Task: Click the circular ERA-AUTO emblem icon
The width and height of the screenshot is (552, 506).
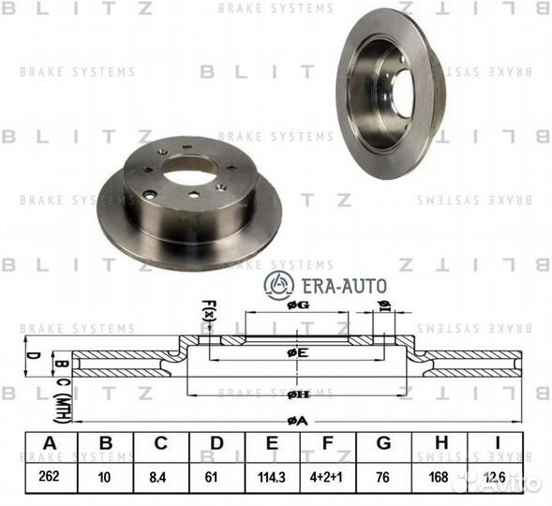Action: pyautogui.click(x=278, y=285)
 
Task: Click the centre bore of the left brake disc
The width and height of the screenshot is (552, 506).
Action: pyautogui.click(x=190, y=171)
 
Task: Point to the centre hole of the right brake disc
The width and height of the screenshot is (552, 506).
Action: pyautogui.click(x=403, y=93)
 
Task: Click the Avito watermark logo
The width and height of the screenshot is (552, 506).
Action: pyautogui.click(x=515, y=484)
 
